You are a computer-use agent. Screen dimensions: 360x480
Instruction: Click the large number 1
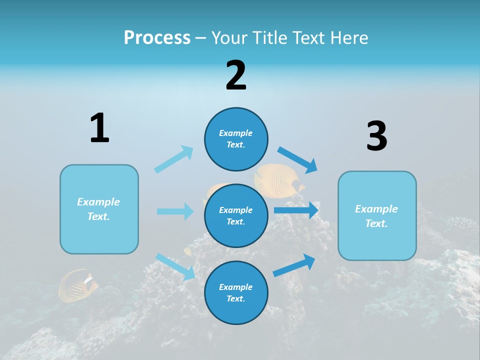click(x=99, y=128)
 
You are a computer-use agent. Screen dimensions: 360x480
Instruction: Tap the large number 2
click(x=236, y=75)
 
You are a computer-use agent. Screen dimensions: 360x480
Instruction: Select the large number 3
click(x=376, y=136)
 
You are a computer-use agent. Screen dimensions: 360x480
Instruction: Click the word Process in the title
click(x=157, y=37)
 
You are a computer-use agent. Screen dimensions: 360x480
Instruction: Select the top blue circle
click(x=236, y=139)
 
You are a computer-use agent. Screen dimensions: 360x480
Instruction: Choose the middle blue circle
click(x=236, y=215)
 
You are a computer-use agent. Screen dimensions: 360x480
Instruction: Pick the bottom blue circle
click(x=236, y=292)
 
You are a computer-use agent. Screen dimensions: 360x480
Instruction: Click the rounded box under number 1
click(x=99, y=209)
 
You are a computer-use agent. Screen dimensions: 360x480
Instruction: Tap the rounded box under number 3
click(x=377, y=215)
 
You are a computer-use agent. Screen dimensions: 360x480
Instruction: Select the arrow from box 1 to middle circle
click(x=175, y=211)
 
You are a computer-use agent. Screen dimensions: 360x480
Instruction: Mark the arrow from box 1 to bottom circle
click(x=175, y=266)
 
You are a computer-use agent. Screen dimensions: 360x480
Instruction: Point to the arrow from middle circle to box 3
click(x=296, y=210)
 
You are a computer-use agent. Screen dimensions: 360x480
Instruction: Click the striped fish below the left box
click(x=77, y=286)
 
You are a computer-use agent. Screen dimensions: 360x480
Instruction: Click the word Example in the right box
click(x=376, y=209)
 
